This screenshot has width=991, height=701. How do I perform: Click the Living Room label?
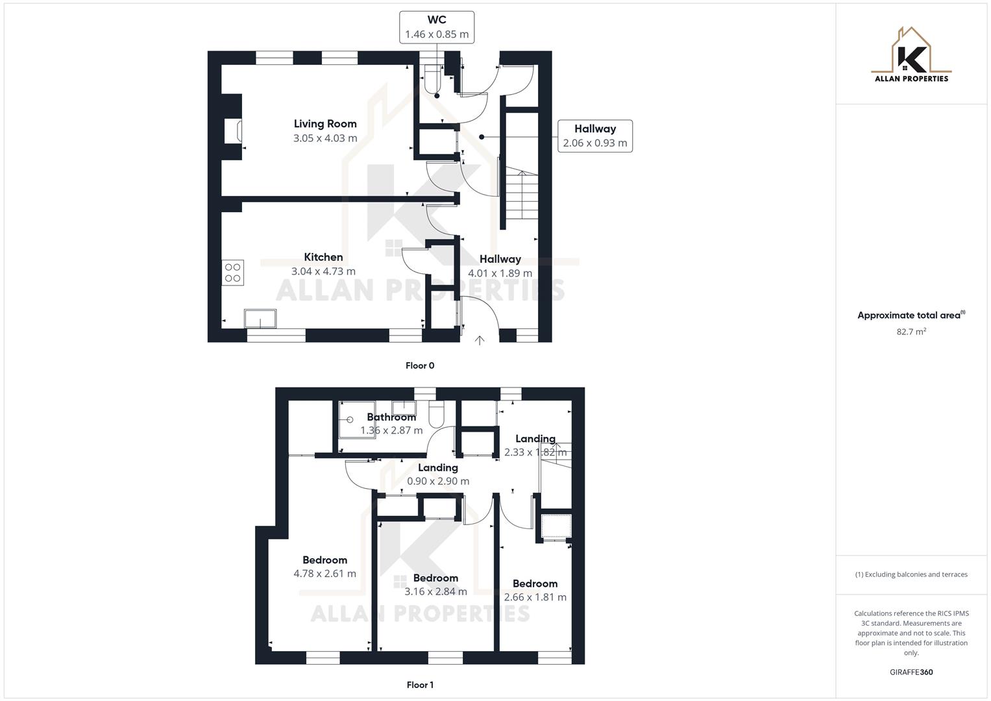325,124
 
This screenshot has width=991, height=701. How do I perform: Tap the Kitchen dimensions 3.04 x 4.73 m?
323,272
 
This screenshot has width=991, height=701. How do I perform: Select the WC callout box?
437,27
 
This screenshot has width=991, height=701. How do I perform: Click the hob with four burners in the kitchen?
232,273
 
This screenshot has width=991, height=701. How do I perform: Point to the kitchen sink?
260,319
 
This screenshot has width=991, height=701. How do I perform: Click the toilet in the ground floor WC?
432,80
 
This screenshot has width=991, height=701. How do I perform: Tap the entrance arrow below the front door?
480,340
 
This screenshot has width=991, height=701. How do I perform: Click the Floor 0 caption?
420,365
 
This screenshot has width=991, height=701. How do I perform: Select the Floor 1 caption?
420,685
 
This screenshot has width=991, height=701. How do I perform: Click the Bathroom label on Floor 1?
391,417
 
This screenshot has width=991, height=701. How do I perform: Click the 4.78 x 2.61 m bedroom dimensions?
324,574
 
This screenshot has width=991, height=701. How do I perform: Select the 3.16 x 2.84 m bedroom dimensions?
435,592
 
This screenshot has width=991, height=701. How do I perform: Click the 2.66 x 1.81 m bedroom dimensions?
535,597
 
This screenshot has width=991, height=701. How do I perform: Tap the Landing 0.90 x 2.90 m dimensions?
438,482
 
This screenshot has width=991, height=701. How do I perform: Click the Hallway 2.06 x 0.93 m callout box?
594,136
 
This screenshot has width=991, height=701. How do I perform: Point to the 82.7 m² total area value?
911,332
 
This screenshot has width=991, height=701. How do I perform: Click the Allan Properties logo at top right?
911,55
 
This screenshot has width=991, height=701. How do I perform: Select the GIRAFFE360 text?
911,672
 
